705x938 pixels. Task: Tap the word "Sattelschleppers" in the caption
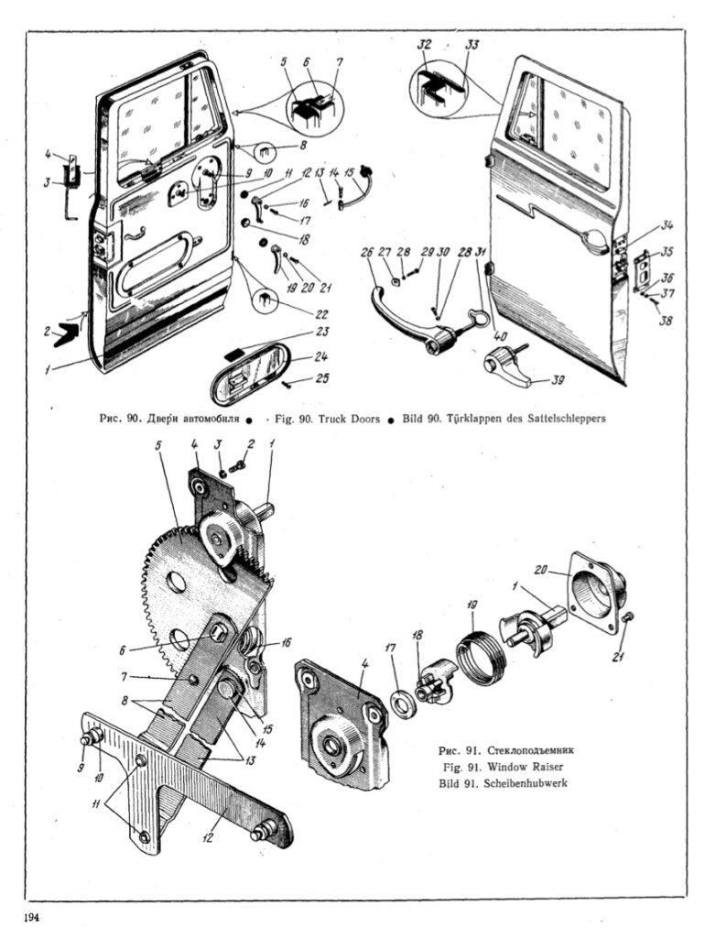(x=566, y=419)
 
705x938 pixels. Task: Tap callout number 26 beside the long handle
(x=366, y=253)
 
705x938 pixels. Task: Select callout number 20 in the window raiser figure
(x=540, y=571)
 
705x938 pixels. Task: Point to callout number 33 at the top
(x=473, y=45)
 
